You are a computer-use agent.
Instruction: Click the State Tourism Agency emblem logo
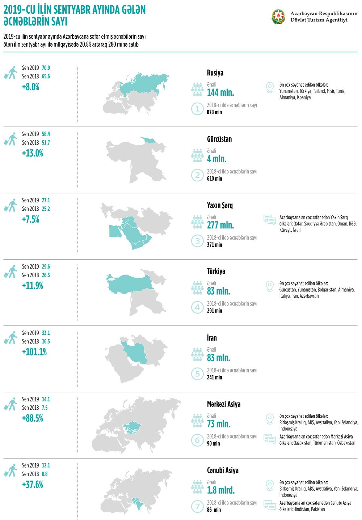[278, 17]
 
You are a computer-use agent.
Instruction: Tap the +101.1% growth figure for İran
[34, 352]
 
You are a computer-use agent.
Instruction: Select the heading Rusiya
[215, 73]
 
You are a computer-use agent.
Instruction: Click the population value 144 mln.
[220, 93]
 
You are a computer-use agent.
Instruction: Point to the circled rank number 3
[197, 241]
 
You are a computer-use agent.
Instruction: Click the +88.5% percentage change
[33, 418]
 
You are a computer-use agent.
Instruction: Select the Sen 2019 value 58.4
[46, 134]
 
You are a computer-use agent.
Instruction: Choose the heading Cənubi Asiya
[223, 470]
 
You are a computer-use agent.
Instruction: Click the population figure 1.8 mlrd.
[221, 490]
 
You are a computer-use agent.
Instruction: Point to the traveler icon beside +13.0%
[10, 139]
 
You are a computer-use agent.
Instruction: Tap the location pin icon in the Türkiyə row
[269, 286]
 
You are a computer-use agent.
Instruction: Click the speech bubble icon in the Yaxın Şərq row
[270, 220]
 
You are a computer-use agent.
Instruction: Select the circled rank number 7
[197, 506]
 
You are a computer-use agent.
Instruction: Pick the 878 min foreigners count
[214, 112]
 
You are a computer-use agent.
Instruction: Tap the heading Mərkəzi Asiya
[224, 404]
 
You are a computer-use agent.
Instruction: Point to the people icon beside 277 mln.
[197, 222]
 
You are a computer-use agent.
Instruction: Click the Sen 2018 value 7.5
[45, 408]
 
